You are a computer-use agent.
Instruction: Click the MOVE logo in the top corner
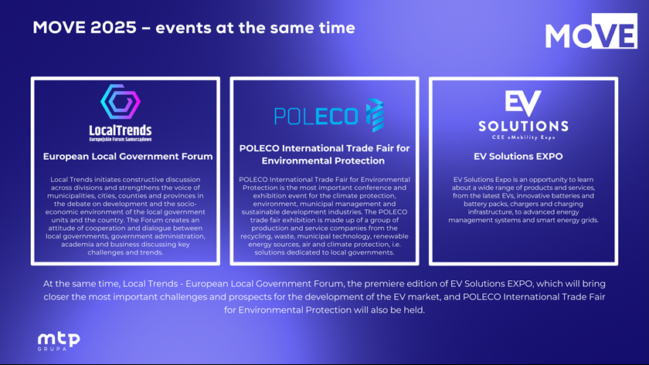click(591, 31)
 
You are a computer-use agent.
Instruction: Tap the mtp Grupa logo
click(59, 341)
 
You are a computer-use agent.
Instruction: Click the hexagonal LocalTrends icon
click(121, 102)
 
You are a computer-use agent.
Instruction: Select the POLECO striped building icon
click(375, 115)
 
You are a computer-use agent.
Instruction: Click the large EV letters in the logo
click(523, 103)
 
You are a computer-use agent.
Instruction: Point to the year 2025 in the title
click(114, 28)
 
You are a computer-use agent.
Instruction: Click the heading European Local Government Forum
click(128, 156)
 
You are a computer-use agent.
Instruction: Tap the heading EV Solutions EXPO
click(518, 156)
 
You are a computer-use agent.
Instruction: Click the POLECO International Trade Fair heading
click(324, 154)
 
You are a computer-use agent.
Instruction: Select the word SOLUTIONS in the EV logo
click(523, 126)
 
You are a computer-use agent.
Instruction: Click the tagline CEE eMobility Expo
click(523, 137)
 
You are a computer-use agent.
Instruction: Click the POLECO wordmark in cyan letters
click(316, 117)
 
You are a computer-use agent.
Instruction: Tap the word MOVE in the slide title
click(59, 28)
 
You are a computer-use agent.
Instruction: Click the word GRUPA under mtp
click(53, 349)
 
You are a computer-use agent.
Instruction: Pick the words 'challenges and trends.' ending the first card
click(125, 252)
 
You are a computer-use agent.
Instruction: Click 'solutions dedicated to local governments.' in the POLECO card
click(324, 252)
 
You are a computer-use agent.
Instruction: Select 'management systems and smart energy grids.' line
click(523, 220)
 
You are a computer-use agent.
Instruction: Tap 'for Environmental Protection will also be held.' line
click(324, 310)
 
